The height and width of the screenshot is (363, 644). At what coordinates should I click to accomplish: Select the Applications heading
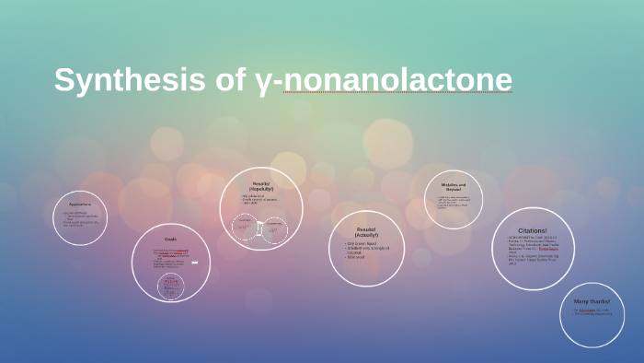click(x=80, y=205)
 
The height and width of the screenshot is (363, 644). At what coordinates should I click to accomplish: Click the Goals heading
click(x=170, y=240)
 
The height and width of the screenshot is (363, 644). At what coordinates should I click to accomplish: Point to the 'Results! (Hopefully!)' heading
click(x=261, y=186)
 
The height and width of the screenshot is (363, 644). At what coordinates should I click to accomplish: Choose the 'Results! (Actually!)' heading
click(x=366, y=231)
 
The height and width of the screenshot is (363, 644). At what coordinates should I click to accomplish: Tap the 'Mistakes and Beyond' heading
click(x=454, y=186)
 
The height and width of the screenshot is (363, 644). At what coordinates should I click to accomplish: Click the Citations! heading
click(x=533, y=230)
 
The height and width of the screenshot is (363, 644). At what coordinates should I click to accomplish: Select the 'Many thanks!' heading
click(x=592, y=301)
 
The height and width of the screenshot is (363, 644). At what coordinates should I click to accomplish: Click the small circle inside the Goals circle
click(x=171, y=286)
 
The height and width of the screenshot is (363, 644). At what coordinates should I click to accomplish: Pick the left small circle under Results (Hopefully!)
click(x=245, y=227)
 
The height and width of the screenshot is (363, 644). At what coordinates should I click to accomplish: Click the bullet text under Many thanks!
click(x=590, y=312)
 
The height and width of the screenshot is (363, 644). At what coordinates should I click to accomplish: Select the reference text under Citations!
click(x=533, y=250)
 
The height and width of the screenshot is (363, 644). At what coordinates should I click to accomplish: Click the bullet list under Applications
click(x=79, y=218)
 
